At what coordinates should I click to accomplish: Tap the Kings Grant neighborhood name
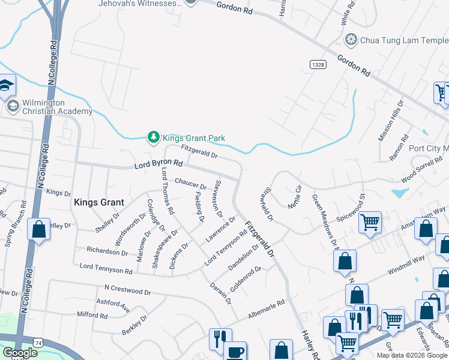pos(98,203)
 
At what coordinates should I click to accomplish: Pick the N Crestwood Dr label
pos(127,290)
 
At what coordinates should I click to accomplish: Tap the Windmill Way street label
pos(406,265)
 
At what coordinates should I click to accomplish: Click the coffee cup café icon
pos(235,352)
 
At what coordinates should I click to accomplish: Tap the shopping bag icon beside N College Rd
pos(38,230)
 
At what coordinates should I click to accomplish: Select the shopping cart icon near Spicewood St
pos(370,222)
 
